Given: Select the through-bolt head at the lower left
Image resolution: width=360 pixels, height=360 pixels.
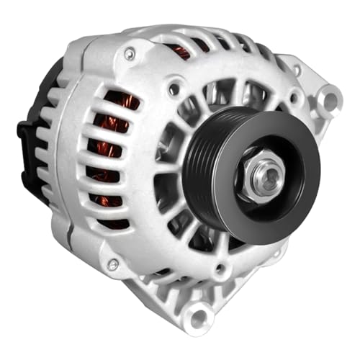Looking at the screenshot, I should point(112,265).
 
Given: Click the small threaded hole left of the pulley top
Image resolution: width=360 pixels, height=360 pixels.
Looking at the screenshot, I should point(174,90).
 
